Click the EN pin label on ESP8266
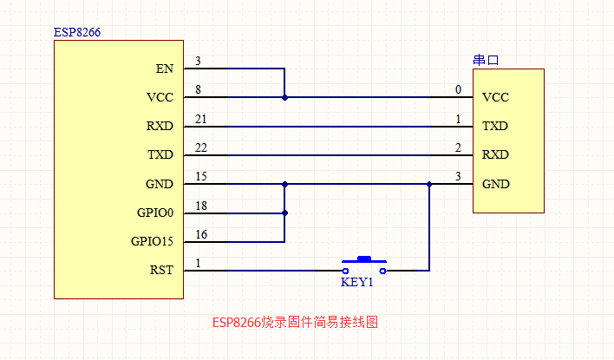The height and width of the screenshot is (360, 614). coord(164,69)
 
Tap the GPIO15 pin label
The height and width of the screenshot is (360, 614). coord(152,241)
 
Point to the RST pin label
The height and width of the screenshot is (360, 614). coord(161,270)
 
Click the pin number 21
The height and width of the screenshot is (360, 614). coord(201,118)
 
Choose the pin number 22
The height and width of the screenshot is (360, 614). coord(201,147)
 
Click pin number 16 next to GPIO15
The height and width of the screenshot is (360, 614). coord(201,233)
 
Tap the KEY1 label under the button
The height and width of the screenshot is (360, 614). coord(356,283)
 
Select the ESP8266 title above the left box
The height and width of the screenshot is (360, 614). coord(77,32)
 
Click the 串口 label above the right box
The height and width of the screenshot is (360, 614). coord(486,61)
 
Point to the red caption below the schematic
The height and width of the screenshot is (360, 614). coord(295,322)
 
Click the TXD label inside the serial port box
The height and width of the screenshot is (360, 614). coord(495,126)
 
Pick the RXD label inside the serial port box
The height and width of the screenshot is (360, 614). coord(495,154)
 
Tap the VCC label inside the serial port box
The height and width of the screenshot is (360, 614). coord(495,97)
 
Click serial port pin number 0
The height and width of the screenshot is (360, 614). coord(458,89)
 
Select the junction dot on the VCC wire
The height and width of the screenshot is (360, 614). coord(284,97)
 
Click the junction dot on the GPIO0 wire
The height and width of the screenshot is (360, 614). coord(284,213)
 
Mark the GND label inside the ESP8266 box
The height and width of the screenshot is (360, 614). coord(160,184)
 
